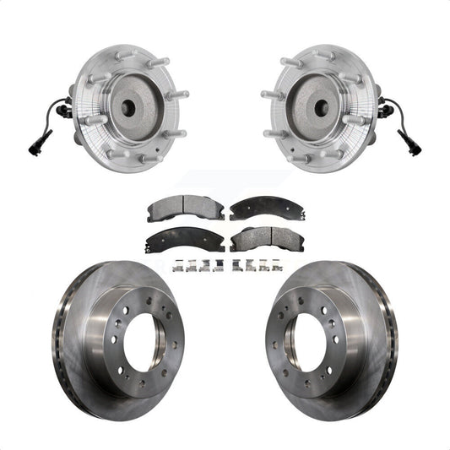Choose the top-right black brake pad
click(x=257, y=208)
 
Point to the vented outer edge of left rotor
click(x=61, y=338)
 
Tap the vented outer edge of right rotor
click(x=389, y=338)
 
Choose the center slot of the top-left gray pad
click(x=174, y=208)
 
